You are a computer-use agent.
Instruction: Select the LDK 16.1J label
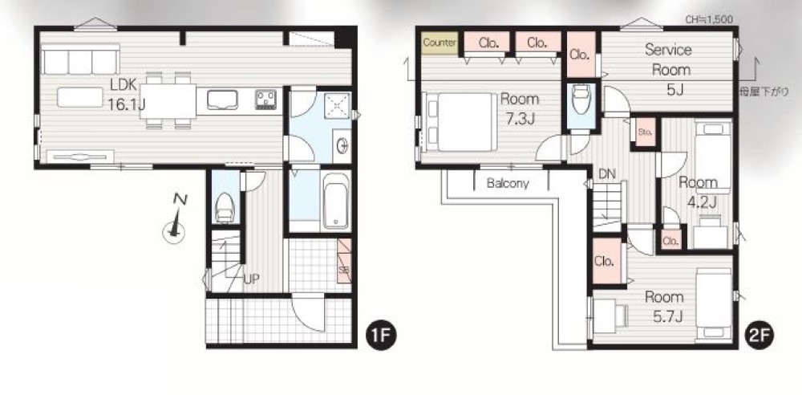(127, 95)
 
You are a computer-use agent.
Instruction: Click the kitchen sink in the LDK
(222, 100)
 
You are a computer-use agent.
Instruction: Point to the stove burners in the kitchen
(266, 100)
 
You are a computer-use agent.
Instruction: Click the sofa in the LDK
(80, 59)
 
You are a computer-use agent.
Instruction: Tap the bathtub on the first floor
(336, 201)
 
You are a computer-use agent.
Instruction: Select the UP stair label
(251, 279)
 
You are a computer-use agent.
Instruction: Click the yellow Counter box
(439, 43)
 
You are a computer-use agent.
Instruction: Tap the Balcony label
(508, 183)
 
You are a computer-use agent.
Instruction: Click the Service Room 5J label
(668, 70)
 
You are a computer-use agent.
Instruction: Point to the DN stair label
(607, 173)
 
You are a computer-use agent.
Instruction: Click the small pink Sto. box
(645, 132)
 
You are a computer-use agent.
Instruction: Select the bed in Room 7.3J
(461, 122)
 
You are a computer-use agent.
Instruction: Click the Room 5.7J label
(664, 307)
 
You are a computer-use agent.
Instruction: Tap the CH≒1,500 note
(710, 20)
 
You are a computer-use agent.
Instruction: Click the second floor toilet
(582, 100)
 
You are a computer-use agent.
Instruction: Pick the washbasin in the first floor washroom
(341, 145)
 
